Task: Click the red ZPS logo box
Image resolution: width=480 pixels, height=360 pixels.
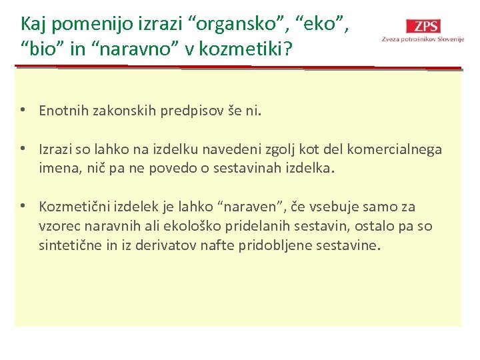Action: pos(426,26)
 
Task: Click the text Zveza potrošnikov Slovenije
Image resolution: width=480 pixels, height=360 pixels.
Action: pos(423,39)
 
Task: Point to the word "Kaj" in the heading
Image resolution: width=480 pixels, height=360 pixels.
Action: pos(34,24)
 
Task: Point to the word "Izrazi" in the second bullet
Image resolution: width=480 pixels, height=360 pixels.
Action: pos(56,149)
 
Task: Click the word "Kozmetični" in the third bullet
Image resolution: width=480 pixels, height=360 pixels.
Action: pos(73,207)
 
